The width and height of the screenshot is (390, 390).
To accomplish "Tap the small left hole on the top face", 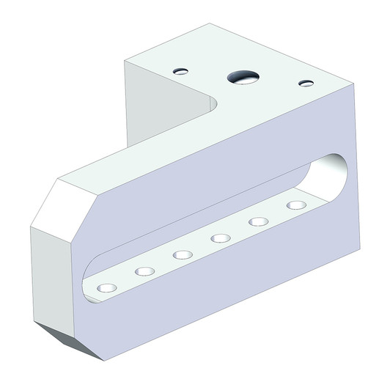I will [x=181, y=71].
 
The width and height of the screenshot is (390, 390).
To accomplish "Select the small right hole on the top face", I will [x=306, y=83].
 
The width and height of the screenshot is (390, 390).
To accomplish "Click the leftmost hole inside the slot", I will [x=107, y=287].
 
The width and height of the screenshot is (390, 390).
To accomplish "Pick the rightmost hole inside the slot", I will [x=295, y=205].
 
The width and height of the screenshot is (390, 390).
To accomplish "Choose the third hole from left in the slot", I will [x=183, y=254].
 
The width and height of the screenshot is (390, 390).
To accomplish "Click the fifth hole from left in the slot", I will [x=258, y=221].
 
